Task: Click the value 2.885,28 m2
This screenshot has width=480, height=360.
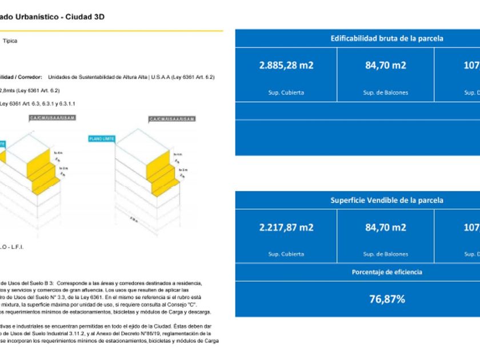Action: pos(286,65)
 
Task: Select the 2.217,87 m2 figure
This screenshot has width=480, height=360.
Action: pos(286,227)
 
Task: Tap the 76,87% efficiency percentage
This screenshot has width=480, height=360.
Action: pos(387,299)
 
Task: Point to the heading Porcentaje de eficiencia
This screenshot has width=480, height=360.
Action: pos(387,272)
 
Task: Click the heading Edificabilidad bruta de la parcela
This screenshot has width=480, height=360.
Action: pos(387,39)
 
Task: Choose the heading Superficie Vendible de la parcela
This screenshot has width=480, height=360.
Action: pos(387,201)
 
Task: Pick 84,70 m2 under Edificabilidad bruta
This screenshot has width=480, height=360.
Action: pos(386,65)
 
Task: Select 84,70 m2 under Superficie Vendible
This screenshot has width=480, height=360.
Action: pos(386,227)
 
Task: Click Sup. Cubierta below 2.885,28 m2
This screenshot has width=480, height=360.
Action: pos(286,93)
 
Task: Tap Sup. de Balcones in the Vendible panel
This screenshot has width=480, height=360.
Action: pos(386,254)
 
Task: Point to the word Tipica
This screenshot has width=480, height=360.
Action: pos(10,41)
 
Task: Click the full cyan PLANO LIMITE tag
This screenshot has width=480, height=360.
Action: pos(101,139)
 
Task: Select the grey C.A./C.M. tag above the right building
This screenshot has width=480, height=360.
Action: pos(171,119)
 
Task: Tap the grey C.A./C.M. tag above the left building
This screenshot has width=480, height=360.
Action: pos(53,118)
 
